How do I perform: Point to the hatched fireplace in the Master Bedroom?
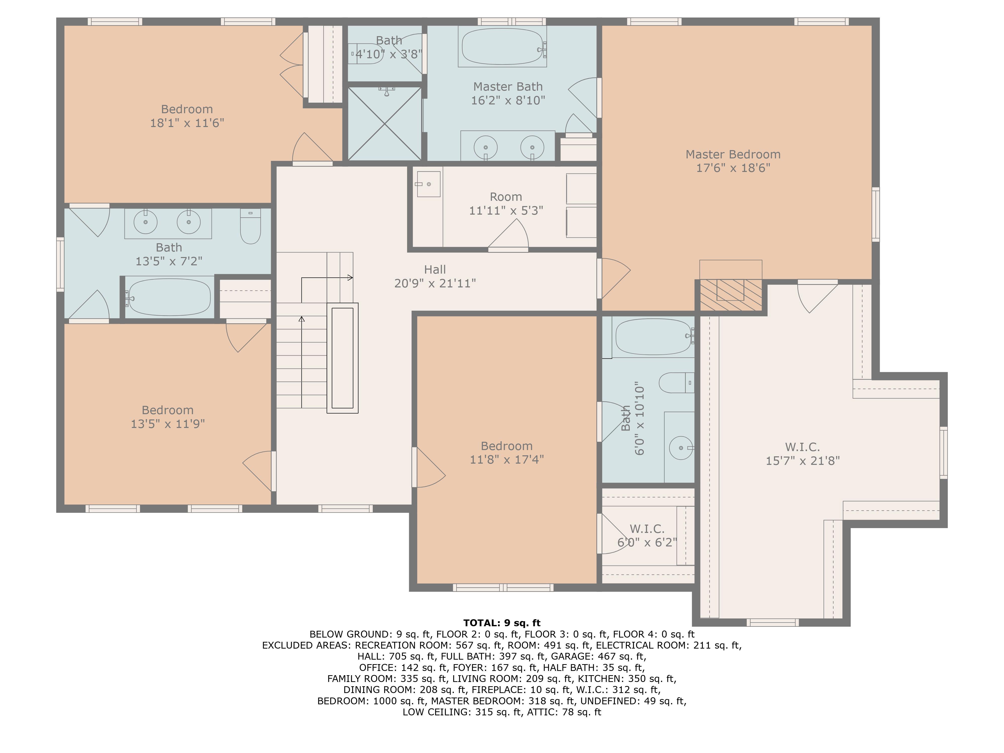[x=731, y=295]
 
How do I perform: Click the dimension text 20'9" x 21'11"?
[x=435, y=283]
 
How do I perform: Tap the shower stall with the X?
[x=385, y=123]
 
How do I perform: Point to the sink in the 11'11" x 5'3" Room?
[x=428, y=184]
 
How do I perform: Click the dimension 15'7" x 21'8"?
[x=802, y=461]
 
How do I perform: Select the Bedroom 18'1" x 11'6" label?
[x=187, y=116]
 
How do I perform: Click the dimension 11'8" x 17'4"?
[x=507, y=459]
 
